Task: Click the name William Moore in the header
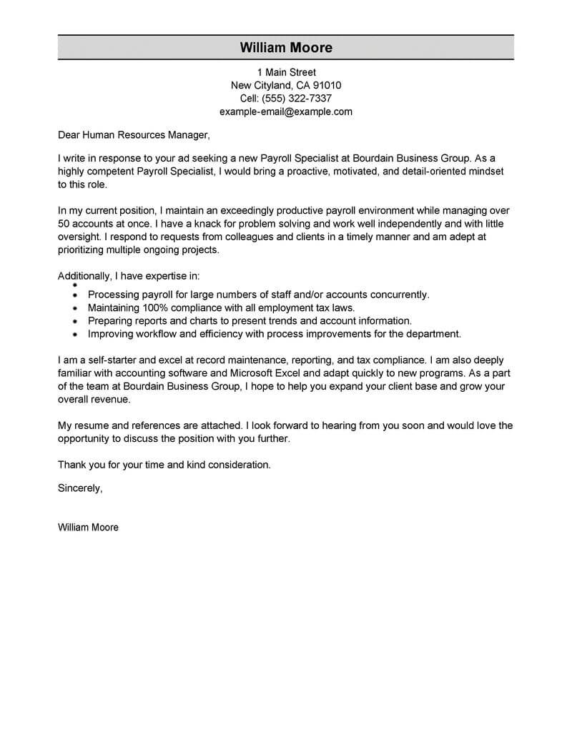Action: tap(285, 48)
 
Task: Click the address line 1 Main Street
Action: tap(286, 72)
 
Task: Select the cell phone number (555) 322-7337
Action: tap(296, 99)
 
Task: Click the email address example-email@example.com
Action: tap(286, 112)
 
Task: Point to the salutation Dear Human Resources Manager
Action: tap(134, 134)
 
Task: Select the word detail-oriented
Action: tap(442, 172)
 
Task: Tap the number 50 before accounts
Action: tap(64, 225)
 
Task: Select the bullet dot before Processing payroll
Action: tap(75, 295)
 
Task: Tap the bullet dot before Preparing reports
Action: tap(75, 321)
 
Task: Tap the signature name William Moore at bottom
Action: tap(88, 527)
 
